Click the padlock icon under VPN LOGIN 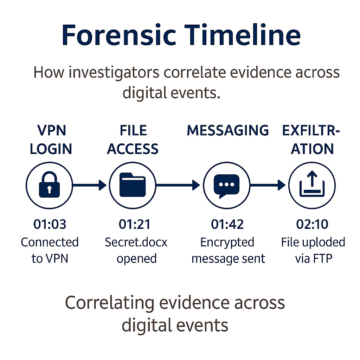(x=49, y=185)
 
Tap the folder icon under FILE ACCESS (x=133, y=185)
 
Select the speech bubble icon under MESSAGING (x=227, y=185)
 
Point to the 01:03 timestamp (x=50, y=224)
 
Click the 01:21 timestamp (x=135, y=224)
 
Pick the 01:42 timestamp (x=227, y=224)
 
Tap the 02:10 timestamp (x=313, y=224)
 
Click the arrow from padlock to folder (x=89, y=185)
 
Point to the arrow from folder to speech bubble (x=178, y=185)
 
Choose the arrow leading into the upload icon (x=268, y=185)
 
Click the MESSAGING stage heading (x=228, y=130)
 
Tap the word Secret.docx (x=136, y=242)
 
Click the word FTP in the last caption (x=323, y=258)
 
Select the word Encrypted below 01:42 (x=227, y=242)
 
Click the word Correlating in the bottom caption (x=110, y=303)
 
